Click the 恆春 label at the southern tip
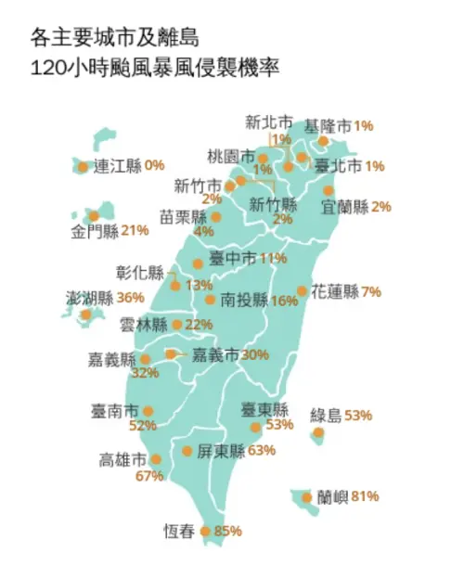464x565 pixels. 180,532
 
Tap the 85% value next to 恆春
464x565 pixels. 227,532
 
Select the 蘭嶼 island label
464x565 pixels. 331,496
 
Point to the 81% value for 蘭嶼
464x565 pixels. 365,496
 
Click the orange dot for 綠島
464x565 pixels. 318,432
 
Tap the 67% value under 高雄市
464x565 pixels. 148,477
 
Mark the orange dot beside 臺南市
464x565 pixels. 148,410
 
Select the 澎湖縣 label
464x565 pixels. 90,298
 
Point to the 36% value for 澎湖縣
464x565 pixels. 131,298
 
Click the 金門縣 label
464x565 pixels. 96,230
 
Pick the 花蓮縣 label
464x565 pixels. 335,291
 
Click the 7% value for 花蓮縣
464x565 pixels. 371,291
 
